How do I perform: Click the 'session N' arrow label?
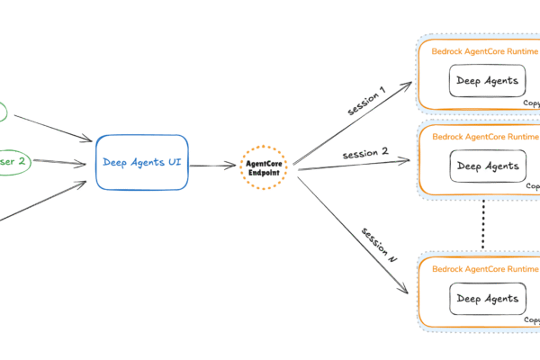379,244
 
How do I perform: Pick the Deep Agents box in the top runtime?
487,81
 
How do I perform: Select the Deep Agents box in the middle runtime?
487,166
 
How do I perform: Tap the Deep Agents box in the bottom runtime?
487,298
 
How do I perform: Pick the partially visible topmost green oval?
4,112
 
